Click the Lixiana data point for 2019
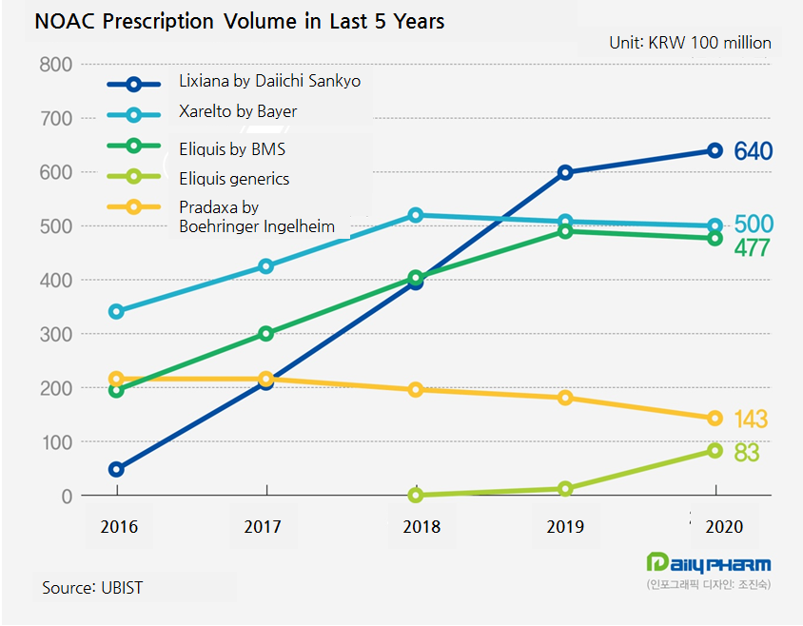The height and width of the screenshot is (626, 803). pos(565,172)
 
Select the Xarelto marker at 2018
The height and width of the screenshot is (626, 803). pos(416,215)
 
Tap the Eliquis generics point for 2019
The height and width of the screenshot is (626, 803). pos(565,489)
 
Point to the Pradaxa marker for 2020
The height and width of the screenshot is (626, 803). pos(715,419)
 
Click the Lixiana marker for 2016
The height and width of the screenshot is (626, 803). pos(117,469)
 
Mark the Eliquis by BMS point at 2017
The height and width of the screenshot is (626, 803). pos(266,334)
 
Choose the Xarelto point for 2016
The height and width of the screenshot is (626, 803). pos(117,311)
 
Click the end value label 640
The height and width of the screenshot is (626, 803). pos(753,151)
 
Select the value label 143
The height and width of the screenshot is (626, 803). pos(752,420)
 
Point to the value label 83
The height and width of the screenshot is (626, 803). pos(747,453)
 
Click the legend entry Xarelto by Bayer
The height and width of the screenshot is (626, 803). pos(238,112)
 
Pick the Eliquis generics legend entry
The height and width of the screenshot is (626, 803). pos(234,178)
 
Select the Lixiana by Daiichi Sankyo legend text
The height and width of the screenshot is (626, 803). pos(269,82)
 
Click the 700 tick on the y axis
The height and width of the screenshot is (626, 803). pos(56,119)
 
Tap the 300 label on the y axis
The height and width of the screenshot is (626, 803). pos(56,335)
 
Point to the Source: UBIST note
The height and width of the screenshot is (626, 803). pos(92,587)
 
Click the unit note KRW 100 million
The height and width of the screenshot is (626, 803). pos(690,43)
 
